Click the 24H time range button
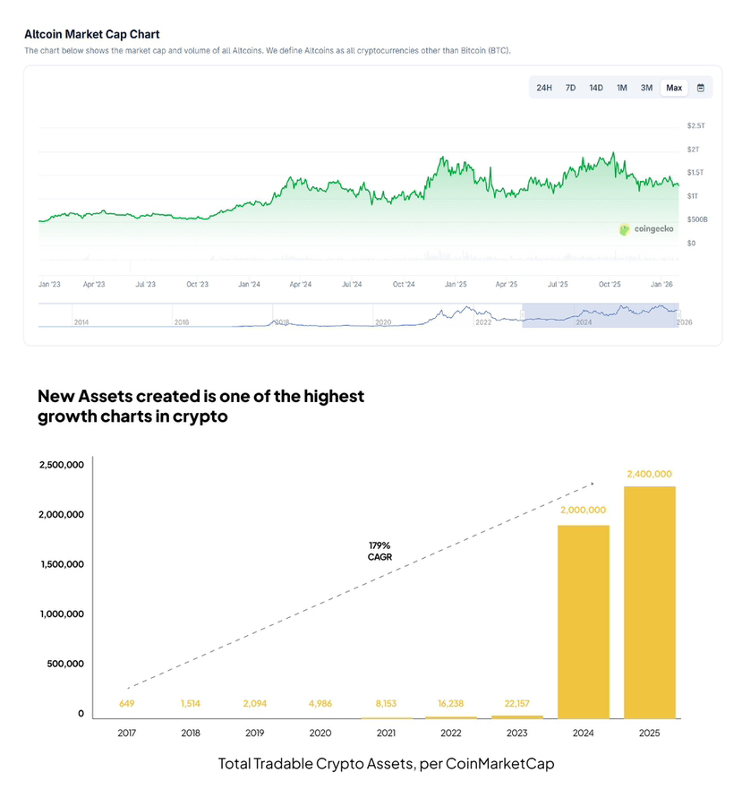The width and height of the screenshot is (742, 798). (543, 88)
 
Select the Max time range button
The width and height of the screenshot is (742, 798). (674, 88)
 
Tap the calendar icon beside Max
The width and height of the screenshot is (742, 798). (701, 88)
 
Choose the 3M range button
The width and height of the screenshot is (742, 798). (646, 88)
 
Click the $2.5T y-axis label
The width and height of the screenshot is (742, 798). (695, 125)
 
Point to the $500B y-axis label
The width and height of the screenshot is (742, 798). (698, 219)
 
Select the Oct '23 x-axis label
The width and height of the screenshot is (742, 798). (197, 284)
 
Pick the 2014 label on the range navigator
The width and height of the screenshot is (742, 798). (81, 322)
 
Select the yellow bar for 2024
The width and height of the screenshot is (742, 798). (584, 622)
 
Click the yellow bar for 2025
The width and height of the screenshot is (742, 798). (650, 602)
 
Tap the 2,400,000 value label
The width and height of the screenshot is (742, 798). (650, 474)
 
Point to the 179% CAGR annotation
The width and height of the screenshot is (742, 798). (380, 551)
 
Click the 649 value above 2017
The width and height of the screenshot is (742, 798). (126, 704)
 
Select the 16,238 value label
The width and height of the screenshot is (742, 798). (451, 704)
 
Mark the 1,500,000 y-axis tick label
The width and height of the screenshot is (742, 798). (62, 564)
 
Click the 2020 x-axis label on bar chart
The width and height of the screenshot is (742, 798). (321, 733)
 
